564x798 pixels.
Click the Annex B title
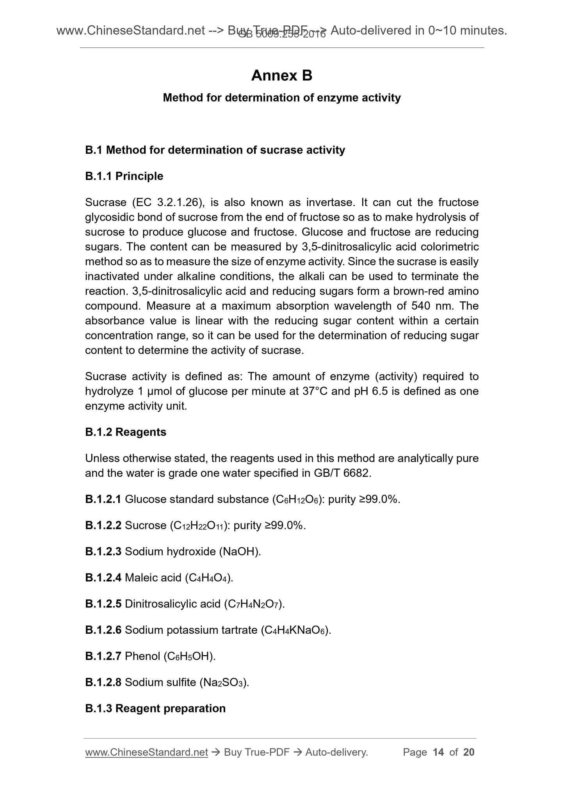pos(281,76)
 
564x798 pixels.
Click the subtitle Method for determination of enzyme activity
pos(281,98)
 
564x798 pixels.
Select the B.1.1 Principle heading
pos(124,176)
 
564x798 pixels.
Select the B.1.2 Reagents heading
pos(126,432)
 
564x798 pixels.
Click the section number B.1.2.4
pos(103,578)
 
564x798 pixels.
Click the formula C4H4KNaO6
pos(295,630)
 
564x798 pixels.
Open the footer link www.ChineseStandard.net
pos(146,752)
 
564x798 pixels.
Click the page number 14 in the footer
pos(438,752)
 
